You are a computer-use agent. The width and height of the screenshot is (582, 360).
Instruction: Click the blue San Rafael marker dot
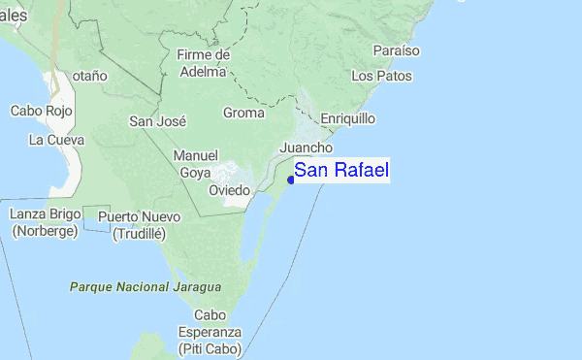pos(291,179)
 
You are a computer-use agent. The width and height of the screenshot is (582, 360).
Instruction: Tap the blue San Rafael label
pos(341,171)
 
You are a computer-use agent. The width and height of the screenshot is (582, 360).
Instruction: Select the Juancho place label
pos(306,147)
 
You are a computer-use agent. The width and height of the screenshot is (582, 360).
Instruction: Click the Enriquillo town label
pos(347,118)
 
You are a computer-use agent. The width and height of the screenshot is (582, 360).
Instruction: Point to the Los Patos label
pos(381,76)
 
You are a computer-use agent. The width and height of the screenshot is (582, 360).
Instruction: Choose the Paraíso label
pos(395,49)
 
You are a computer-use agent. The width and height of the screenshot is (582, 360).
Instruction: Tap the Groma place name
pos(242,113)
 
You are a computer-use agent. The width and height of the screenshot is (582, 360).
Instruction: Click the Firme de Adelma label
pos(202,63)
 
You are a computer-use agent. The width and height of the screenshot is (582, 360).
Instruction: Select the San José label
pos(157,121)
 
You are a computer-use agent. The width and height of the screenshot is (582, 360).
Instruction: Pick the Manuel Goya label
pos(195,164)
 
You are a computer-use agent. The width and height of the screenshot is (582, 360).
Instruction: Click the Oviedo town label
pos(230,190)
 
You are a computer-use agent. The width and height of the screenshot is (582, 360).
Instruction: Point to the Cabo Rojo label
pos(37,111)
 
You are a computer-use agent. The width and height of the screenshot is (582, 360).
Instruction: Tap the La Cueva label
pos(56,141)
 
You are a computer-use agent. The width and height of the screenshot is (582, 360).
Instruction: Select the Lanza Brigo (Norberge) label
pos(46,222)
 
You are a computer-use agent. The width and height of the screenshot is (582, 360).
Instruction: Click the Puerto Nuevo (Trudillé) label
pos(139,224)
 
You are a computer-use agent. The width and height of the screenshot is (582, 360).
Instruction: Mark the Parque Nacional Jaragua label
pos(145,287)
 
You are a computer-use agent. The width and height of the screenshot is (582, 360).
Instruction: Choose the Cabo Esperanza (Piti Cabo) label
pos(210,332)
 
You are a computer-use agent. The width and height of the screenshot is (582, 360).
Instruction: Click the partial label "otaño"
pos(88,76)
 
